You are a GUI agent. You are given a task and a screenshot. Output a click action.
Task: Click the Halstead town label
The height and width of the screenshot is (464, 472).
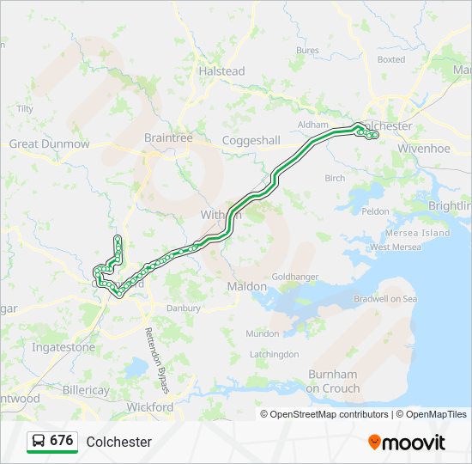221,71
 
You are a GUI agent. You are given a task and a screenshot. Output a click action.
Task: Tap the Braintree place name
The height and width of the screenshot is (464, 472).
168,137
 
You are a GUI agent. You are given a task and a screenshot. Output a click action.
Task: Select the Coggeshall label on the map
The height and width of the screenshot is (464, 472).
251,140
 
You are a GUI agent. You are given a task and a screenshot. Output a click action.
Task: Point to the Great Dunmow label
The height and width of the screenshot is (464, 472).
49,144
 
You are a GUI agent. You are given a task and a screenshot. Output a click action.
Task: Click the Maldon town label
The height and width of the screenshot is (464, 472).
246,286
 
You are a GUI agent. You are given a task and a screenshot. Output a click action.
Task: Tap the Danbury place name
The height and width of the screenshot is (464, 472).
184,308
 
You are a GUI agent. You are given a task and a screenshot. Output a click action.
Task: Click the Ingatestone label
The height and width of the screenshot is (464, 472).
64,347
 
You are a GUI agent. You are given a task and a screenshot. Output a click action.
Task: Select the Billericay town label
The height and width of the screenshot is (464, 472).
86,390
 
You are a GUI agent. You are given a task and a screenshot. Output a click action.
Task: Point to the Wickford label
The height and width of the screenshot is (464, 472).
149,406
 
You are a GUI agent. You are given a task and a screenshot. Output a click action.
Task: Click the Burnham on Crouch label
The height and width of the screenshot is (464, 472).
332,382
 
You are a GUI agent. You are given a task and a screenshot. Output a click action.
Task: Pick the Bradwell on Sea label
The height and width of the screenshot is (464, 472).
385,299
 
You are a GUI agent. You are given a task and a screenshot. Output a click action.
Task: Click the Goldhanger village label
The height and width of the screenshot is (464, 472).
296,277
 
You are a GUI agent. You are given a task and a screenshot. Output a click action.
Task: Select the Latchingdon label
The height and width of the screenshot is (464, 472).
274,354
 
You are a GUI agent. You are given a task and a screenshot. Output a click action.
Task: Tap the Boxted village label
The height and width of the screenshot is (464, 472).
390,60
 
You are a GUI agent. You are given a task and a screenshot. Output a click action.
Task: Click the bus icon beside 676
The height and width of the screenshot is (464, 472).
39,441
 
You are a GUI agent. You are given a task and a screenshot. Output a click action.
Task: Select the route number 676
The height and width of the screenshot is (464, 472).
61,441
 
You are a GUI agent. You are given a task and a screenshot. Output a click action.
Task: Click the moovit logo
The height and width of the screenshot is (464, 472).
407,442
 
